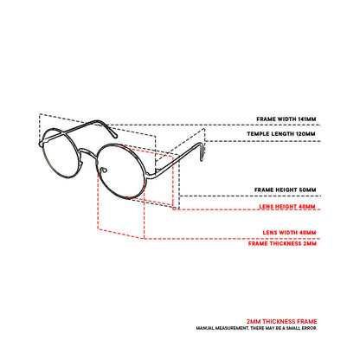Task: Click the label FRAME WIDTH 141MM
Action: coord(286,119)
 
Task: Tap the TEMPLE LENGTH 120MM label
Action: coord(281,134)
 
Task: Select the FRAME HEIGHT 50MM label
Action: coord(285,190)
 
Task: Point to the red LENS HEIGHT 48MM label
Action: coord(287,207)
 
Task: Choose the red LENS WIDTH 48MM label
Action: coord(289,233)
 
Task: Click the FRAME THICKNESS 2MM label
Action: coord(282,243)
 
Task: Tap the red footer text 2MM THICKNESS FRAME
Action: coord(282,321)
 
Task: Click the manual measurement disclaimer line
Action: coord(256,328)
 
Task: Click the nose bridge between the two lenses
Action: coord(87,152)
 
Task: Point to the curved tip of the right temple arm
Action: coord(201,154)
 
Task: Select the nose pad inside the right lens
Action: coord(104,170)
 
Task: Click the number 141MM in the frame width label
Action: coord(307,119)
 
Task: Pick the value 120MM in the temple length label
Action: coord(305,134)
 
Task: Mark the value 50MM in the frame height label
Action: coord(307,190)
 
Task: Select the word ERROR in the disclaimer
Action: coord(310,328)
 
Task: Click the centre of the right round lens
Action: coord(120,171)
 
